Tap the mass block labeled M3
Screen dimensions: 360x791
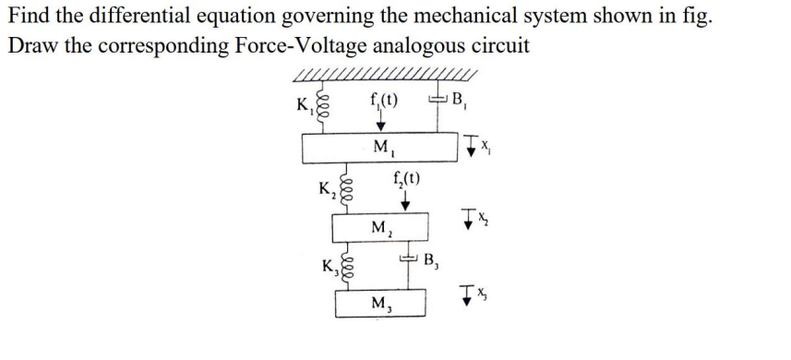pyautogui.click(x=379, y=303)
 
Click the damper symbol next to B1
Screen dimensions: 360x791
pyautogui.click(x=440, y=98)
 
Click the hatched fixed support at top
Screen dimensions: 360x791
pyautogui.click(x=383, y=74)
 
